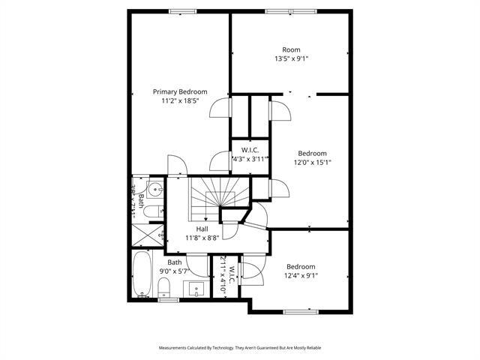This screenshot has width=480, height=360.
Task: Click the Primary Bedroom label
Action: tap(180, 91)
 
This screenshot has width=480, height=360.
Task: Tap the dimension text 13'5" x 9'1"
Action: tap(291, 58)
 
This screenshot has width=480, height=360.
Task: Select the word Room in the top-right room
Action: tap(291, 49)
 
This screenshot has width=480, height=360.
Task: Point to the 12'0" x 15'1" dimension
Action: tap(312, 162)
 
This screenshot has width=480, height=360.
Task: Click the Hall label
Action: tap(202, 229)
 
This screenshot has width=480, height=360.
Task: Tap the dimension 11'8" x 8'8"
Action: tap(202, 238)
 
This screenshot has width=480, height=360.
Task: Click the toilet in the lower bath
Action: tap(164, 287)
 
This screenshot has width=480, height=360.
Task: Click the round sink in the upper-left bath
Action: tap(154, 189)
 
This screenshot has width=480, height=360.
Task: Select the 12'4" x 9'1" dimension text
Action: tap(301, 276)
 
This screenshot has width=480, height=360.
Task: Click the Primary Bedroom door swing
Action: tap(220, 109)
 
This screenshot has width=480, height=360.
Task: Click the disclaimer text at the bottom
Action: tap(240, 348)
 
